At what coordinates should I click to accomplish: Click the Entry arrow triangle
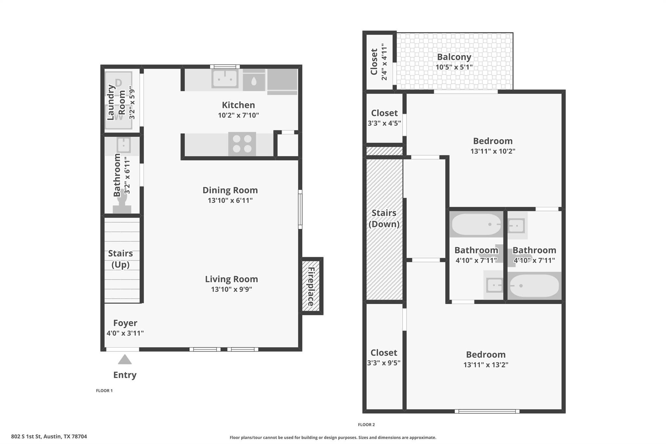[x=125, y=360]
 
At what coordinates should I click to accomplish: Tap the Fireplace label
[x=311, y=286]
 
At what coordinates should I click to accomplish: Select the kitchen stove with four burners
[x=242, y=144]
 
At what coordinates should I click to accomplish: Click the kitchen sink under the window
[x=224, y=78]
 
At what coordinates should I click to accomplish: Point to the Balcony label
[x=454, y=57]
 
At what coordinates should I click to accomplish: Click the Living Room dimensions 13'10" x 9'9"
[x=231, y=289]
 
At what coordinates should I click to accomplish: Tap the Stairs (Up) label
[x=120, y=259]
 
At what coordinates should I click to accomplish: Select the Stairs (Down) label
[x=384, y=218]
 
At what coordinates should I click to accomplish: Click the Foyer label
[x=125, y=323]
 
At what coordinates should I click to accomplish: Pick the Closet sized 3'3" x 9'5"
[x=384, y=357]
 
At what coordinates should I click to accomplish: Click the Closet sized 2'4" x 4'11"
[x=379, y=61]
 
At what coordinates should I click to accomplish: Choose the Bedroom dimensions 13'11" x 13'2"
[x=486, y=365]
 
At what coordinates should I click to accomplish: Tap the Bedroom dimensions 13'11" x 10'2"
[x=493, y=151]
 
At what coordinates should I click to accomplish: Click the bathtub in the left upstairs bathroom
[x=476, y=224]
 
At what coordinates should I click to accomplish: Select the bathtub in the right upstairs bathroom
[x=534, y=286]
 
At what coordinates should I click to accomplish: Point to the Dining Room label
[x=230, y=190]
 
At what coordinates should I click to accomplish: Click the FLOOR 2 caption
[x=366, y=424]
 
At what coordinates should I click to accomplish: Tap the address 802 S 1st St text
[x=49, y=437]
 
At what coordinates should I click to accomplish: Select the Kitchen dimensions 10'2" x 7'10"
[x=238, y=115]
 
